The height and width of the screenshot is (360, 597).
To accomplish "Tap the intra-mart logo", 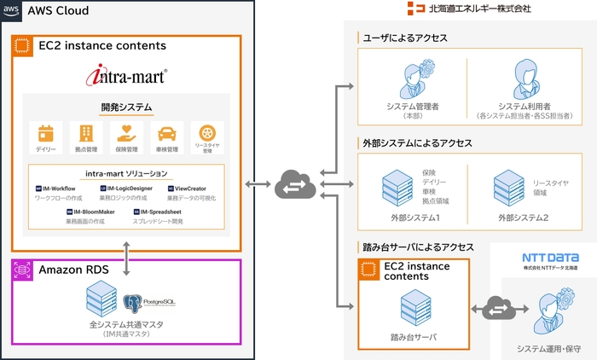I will pos(125,78).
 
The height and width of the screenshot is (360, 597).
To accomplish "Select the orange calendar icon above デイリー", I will pos(46,133).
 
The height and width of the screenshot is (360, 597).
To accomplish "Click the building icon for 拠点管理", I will pos(86,133).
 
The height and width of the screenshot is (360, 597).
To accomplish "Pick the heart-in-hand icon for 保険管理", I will pos(126,133).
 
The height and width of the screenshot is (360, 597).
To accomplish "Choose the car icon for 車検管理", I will pos(166,133).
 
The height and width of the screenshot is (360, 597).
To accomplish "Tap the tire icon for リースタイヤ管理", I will pos(206,133).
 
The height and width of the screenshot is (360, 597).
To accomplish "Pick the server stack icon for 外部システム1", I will pos(397,188).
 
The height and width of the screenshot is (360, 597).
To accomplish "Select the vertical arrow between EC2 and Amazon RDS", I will pos(126,255).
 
